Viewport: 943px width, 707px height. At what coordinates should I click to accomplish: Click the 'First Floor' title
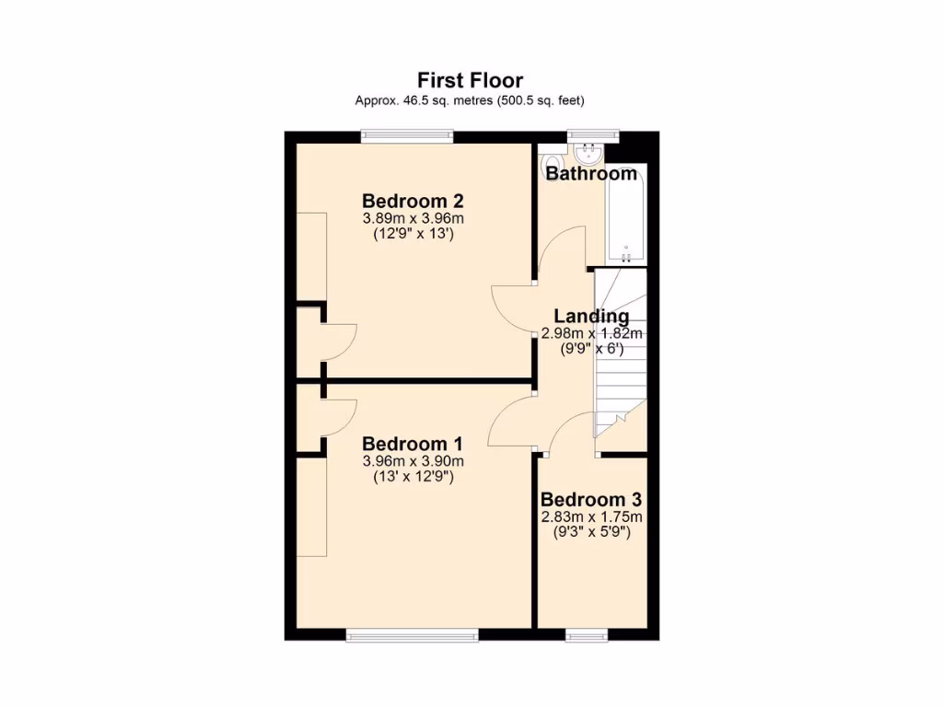470,80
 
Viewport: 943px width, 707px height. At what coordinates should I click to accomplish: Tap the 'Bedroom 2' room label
412,201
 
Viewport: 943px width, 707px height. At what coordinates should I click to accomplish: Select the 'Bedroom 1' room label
412,444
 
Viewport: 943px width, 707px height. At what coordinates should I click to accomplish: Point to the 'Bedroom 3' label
590,500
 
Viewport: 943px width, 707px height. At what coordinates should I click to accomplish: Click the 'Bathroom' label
591,173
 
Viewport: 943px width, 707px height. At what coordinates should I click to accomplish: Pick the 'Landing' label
591,317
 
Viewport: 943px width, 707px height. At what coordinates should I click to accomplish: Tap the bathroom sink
586,151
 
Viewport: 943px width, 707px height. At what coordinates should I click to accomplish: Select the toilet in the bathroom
551,162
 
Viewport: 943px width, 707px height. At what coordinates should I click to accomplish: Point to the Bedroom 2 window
407,137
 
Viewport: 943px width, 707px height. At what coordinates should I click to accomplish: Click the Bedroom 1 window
412,634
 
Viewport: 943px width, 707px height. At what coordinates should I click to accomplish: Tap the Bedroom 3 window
587,634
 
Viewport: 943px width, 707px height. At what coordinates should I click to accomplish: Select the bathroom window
592,137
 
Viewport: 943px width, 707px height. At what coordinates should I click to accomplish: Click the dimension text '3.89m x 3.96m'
412,218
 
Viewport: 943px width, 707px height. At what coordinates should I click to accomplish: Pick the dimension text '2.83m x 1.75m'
590,516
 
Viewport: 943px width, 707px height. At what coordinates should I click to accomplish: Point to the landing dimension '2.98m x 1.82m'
591,333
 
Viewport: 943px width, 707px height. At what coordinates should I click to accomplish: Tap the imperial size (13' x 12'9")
412,477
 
